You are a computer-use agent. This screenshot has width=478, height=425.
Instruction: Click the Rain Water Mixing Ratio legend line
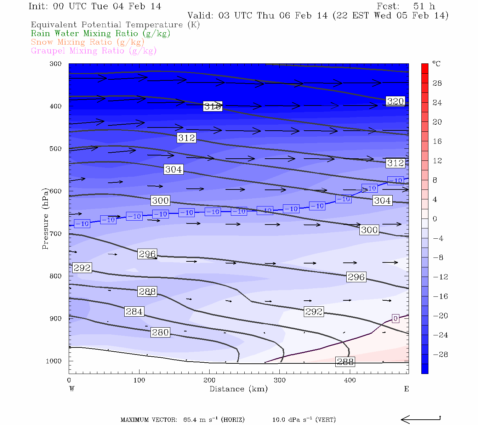[x=101, y=34]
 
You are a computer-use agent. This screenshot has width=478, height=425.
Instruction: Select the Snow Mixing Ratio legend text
[x=87, y=42]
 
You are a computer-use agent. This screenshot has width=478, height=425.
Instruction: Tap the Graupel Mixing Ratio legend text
[x=94, y=51]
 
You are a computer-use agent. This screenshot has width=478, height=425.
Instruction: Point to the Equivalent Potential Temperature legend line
[x=115, y=25]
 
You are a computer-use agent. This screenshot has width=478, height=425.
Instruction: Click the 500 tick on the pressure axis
[x=56, y=149]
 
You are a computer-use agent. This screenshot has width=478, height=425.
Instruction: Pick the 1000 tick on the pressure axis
[x=53, y=361]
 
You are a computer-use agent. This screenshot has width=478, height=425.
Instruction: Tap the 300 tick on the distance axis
[x=280, y=380]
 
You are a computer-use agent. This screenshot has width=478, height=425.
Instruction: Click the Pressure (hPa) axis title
[x=45, y=219]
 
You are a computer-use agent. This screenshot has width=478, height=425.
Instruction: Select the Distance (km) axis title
[x=239, y=389]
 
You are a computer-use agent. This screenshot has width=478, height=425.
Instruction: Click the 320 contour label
[x=395, y=101]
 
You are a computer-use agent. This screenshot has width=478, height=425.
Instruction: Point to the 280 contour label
[x=160, y=333]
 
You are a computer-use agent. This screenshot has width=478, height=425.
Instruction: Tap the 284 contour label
[x=134, y=312]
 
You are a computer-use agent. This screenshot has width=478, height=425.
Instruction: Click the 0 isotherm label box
[x=396, y=318]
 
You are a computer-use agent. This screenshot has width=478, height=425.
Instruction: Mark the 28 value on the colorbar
[x=437, y=83]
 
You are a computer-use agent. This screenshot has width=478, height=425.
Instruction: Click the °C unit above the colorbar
[x=436, y=64]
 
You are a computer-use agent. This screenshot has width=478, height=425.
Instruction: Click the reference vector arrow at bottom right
[x=421, y=420]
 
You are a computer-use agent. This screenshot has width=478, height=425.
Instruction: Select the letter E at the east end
[x=406, y=389]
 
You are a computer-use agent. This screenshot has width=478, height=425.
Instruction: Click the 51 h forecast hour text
[x=424, y=6]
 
